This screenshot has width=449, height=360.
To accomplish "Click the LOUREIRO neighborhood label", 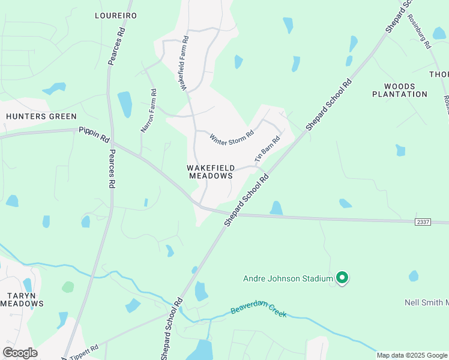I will point(116,15).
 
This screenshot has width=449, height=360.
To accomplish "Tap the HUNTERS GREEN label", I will point(41,116).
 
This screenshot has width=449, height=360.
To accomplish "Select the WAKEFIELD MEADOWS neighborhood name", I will point(210,172).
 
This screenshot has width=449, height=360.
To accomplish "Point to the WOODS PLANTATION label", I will point(400,90).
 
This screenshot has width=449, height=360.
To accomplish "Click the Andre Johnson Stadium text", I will point(288,278).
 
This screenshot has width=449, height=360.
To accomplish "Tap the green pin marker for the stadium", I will point(342,278).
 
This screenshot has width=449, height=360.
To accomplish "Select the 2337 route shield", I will point(423,222).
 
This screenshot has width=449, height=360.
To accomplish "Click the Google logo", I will point(20,353).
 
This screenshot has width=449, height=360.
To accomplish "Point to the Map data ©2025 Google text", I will point(412,355).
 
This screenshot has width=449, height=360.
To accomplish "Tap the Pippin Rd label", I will point(94,134).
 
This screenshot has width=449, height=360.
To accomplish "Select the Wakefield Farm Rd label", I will point(183,63).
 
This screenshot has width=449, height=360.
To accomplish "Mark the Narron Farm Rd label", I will point(148,110).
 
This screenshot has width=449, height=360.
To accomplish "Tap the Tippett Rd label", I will point(84,352).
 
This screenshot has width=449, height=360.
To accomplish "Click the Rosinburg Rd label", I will point(419,31).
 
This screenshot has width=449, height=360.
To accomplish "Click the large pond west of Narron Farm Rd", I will point(125,104).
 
